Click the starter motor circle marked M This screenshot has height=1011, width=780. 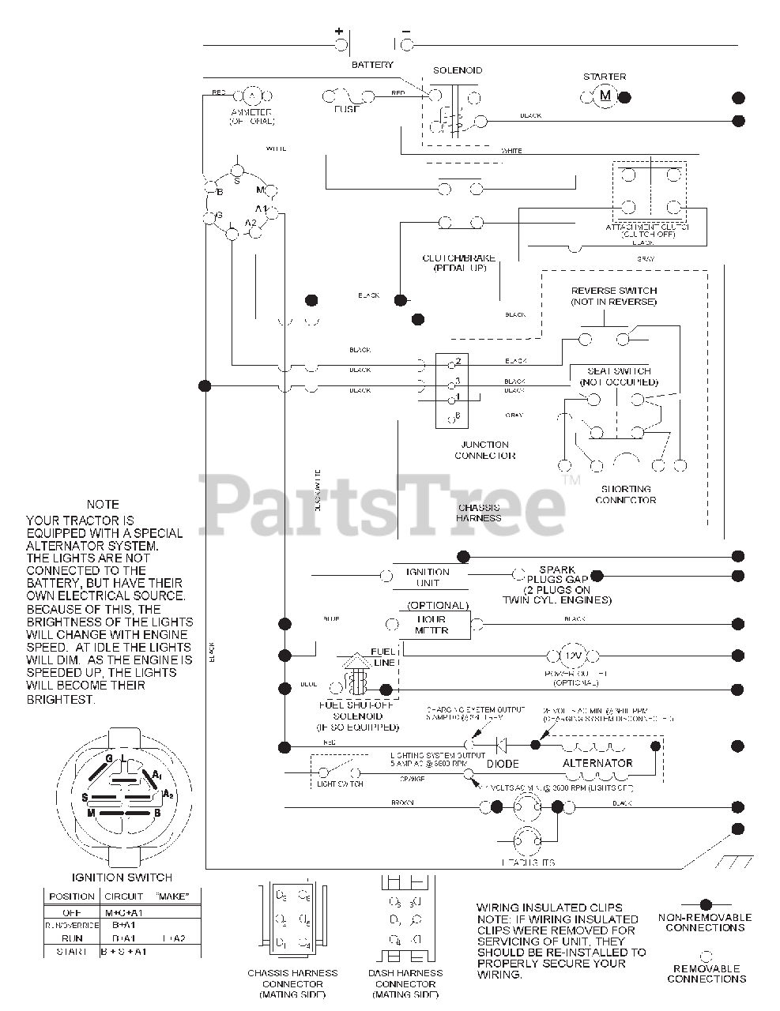coord(606,96)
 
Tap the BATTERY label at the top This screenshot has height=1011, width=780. coord(372,65)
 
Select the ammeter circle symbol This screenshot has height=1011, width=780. coord(251,96)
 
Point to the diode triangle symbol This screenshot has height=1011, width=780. coord(499,744)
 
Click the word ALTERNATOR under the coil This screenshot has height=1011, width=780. coord(597,763)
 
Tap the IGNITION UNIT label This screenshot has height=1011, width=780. coord(427,577)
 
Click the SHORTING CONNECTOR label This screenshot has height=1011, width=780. coord(625,494)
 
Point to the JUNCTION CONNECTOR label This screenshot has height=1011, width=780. coord(484,450)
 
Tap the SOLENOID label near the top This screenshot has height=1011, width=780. coord(458,70)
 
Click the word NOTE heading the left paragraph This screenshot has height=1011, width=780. coord(104,504)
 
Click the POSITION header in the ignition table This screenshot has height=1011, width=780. coord(71,896)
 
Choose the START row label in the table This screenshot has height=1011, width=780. coord(72,952)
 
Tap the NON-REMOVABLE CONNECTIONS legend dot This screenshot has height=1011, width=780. coord(706,904)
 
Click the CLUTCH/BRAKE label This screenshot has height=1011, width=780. coord(459,263)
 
